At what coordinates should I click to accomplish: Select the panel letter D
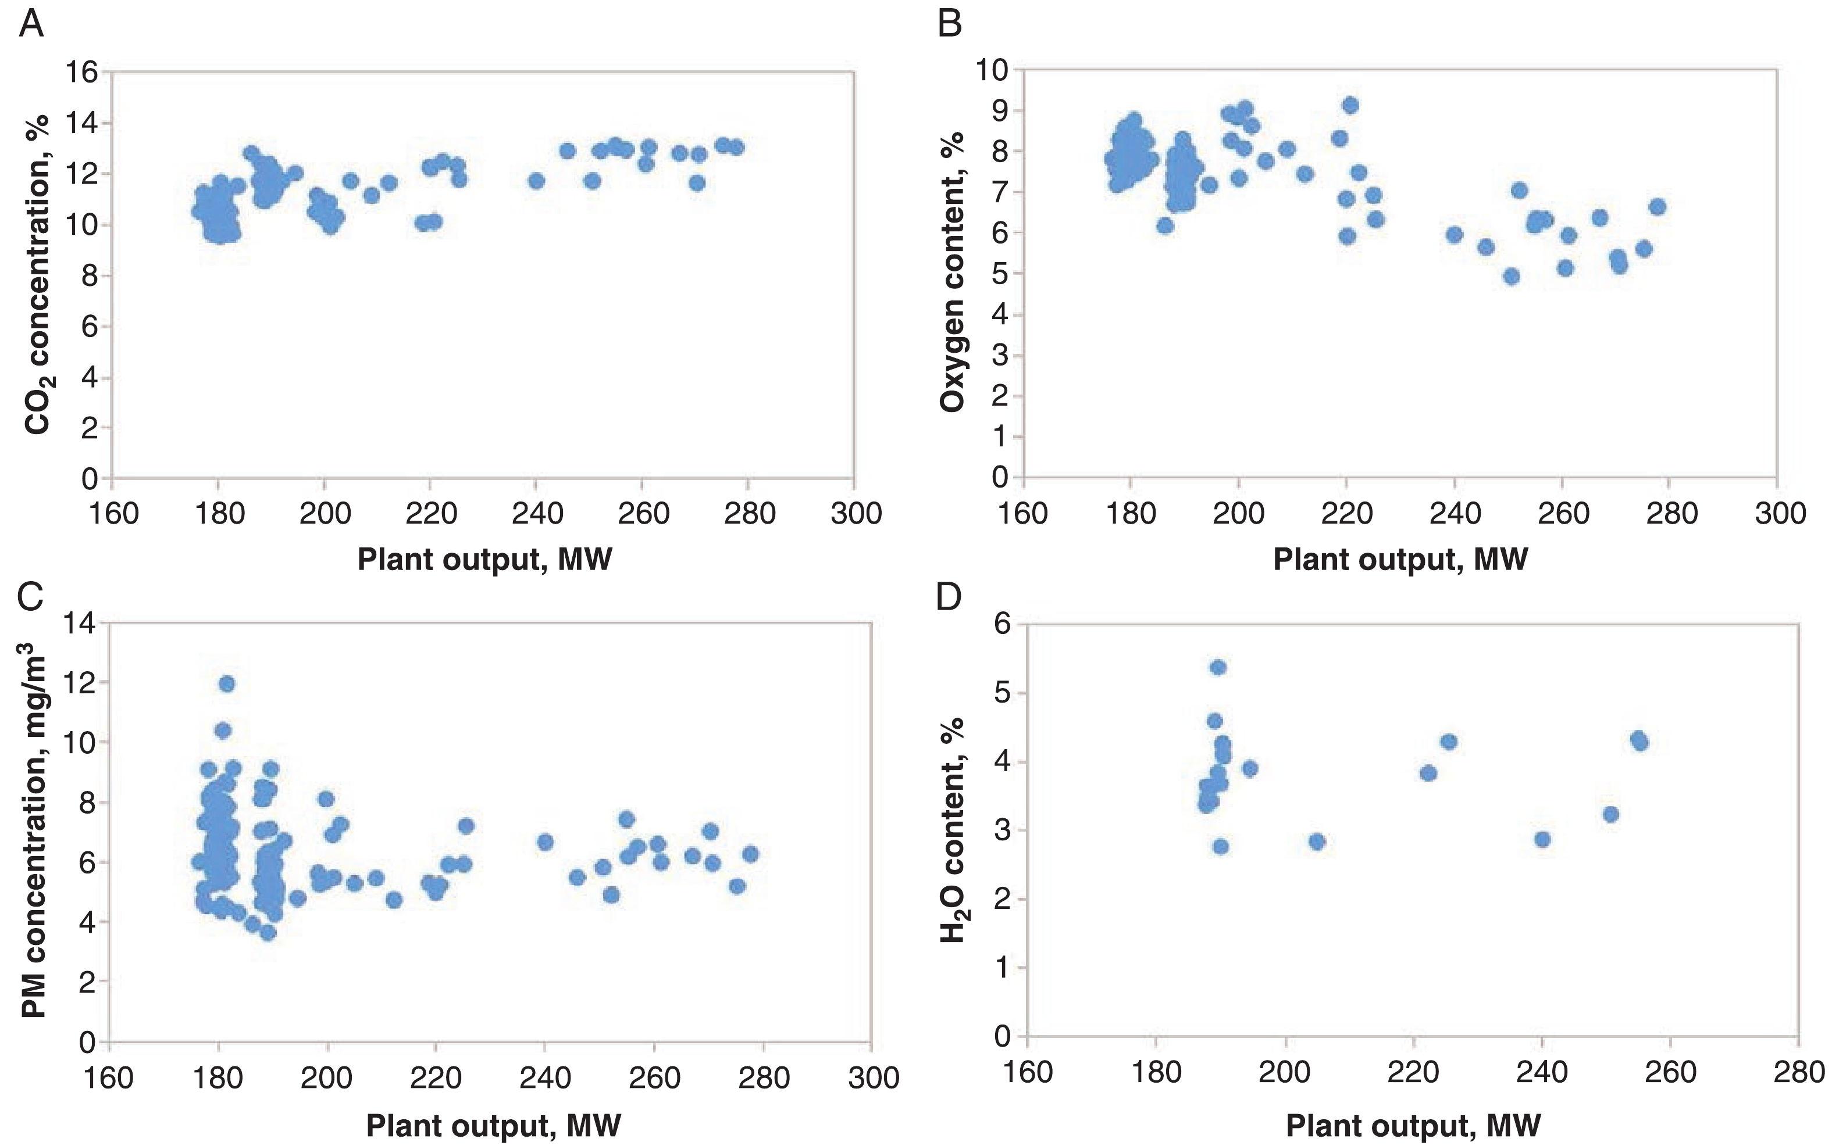coord(949,597)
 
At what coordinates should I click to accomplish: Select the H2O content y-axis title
coord(953,829)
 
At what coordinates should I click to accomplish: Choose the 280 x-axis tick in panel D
coord(1799,1072)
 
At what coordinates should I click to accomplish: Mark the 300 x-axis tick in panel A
coord(856,514)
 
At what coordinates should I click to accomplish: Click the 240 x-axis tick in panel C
coord(544,1077)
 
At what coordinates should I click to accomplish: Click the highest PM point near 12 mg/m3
coord(227,683)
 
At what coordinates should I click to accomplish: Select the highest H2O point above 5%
coord(1218,667)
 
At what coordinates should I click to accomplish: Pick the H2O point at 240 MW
coord(1542,839)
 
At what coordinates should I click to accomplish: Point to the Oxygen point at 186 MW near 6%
coord(1165,225)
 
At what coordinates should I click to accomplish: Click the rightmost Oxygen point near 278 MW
coord(1657,206)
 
